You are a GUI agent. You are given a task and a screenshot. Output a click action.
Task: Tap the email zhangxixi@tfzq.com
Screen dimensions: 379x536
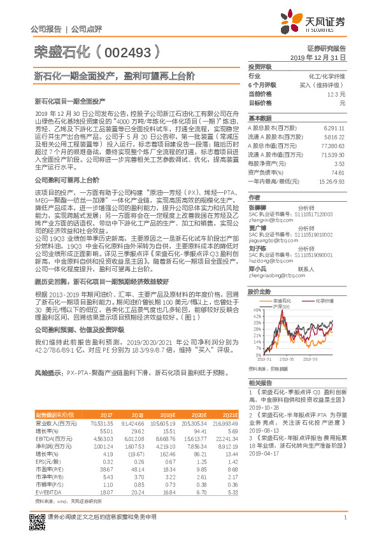pyautogui.click(x=267, y=220)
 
